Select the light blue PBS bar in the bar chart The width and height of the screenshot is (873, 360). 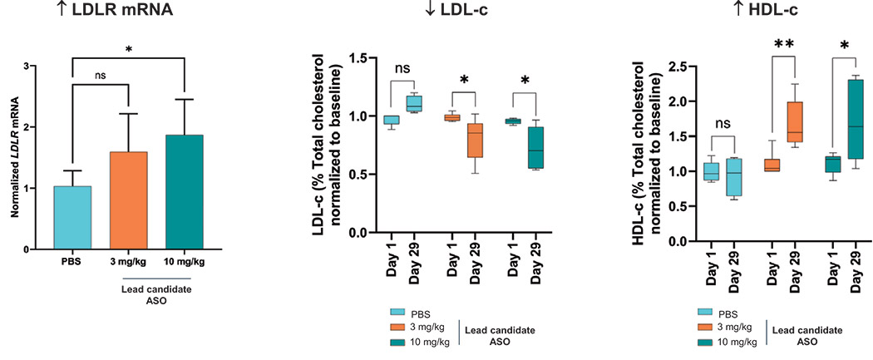coord(73,218)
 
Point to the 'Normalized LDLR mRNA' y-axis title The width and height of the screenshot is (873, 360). coord(14,158)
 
